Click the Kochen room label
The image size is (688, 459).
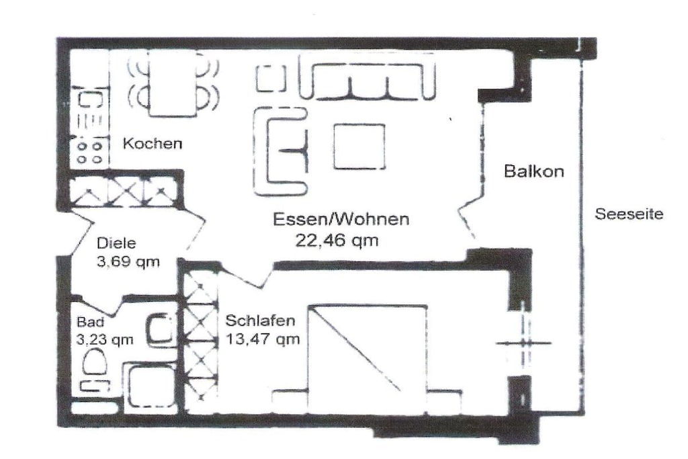tap(153, 144)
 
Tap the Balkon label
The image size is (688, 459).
tap(534, 171)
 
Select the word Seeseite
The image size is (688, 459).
tap(629, 214)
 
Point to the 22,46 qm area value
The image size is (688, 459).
tap(337, 241)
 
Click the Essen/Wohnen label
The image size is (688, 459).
tap(341, 219)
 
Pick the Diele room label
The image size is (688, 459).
tap(116, 243)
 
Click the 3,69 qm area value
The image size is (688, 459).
tap(128, 262)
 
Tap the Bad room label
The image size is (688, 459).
tap(91, 322)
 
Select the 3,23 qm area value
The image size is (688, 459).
tap(104, 339)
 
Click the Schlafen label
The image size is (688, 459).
tap(260, 321)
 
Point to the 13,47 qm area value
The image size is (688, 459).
tap(263, 339)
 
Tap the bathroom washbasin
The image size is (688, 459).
tap(160, 329)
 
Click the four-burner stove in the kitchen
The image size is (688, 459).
tap(89, 152)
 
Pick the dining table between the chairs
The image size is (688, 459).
tap(173, 83)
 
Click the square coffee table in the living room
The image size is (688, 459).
tap(359, 147)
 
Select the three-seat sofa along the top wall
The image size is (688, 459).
tap(367, 77)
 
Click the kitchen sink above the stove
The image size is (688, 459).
tap(90, 101)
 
